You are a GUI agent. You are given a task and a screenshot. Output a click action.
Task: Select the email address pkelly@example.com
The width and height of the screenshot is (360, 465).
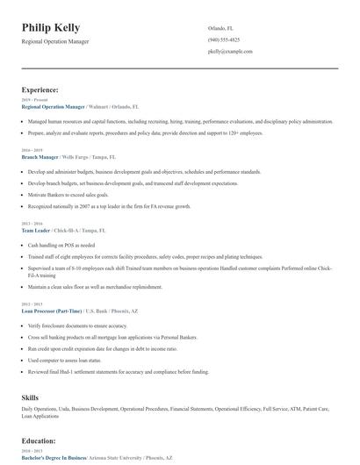(x=230, y=52)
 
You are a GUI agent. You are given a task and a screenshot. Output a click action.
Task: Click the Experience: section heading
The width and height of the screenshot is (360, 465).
(x=40, y=89)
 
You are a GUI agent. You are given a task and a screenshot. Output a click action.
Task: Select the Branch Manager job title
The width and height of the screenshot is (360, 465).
(x=40, y=156)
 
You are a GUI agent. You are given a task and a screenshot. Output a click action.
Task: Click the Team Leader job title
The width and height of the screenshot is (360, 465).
(x=37, y=229)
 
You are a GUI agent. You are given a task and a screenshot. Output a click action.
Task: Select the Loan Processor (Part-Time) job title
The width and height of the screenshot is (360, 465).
(x=52, y=311)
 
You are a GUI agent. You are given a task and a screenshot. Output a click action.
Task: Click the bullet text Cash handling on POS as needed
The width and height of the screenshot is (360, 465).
(x=61, y=245)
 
